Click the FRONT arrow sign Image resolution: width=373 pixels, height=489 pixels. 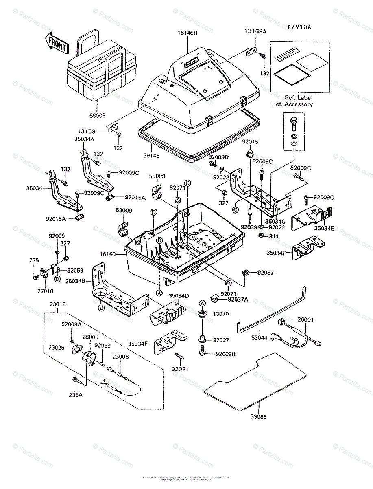tap(57, 42)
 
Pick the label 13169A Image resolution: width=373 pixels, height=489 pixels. tap(255, 31)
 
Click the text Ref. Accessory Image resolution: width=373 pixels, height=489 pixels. tap(292, 104)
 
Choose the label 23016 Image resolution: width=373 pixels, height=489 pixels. tap(58, 304)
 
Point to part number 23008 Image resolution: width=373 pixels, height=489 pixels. tap(121, 356)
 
